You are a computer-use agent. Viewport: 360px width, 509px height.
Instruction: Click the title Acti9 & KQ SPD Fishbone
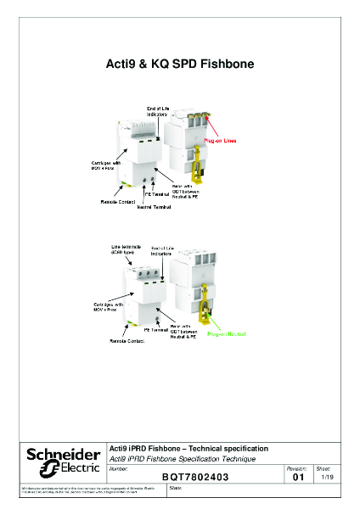tap(179, 64)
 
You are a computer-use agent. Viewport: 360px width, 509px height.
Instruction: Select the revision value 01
tap(296, 478)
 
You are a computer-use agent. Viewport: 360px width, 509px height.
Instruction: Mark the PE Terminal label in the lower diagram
tap(156, 328)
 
